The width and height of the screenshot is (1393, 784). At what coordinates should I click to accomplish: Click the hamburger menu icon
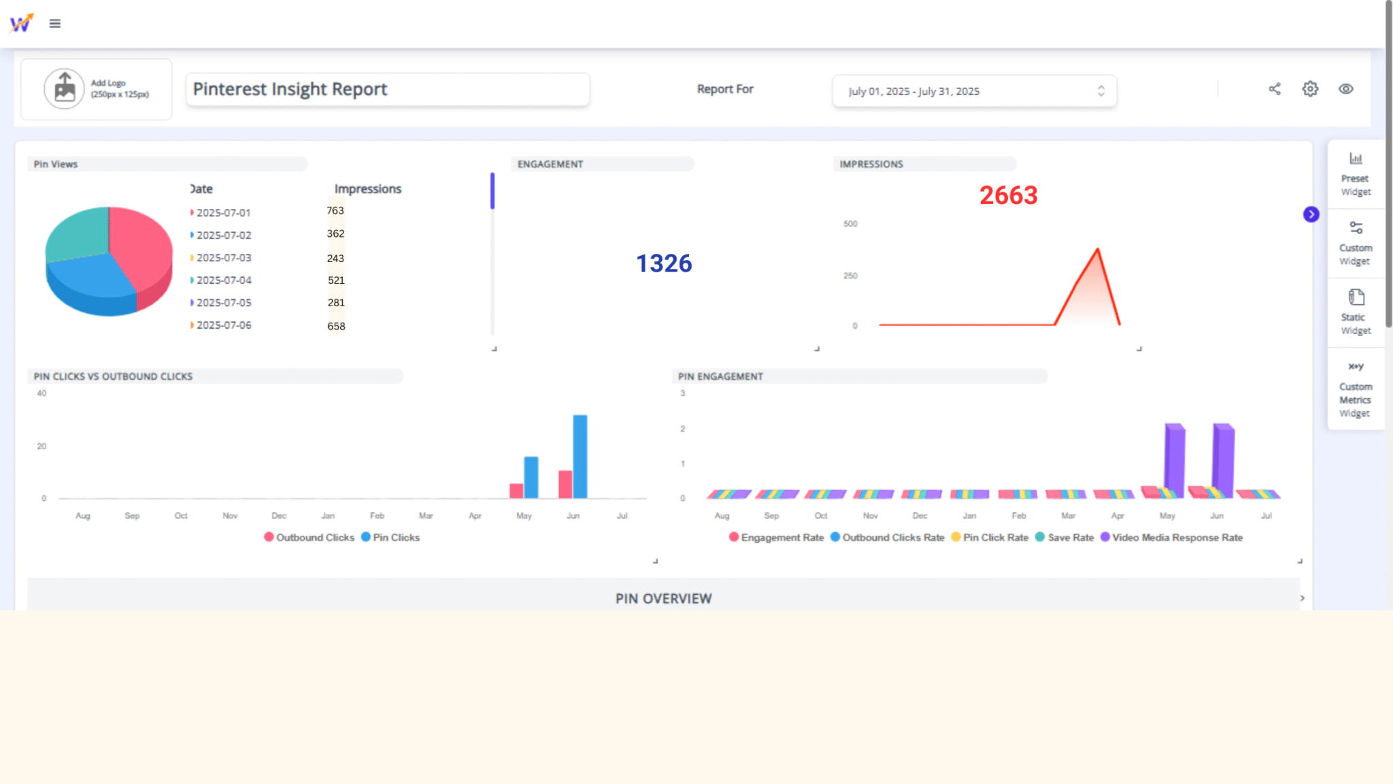pyautogui.click(x=55, y=24)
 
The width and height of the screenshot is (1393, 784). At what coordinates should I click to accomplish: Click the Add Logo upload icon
pyautogui.click(x=65, y=88)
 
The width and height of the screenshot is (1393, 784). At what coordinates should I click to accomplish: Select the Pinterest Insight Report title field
pyautogui.click(x=387, y=89)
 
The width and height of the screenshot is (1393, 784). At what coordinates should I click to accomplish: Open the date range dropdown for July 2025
pyautogui.click(x=973, y=91)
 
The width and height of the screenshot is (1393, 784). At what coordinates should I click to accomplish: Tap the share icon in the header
pyautogui.click(x=1274, y=89)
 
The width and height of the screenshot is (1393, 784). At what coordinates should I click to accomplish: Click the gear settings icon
pyautogui.click(x=1310, y=89)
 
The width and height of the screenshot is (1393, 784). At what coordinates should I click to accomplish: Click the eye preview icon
pyautogui.click(x=1345, y=89)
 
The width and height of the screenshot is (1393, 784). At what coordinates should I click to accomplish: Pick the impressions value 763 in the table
pyautogui.click(x=335, y=211)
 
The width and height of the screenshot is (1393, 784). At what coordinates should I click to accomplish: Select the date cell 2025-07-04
pyautogui.click(x=224, y=280)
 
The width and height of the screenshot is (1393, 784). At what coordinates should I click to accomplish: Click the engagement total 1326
pyautogui.click(x=663, y=263)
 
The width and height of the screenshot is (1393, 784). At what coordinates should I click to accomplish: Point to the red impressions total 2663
pyautogui.click(x=1008, y=196)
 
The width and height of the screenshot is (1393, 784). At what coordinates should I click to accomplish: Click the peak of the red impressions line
pyautogui.click(x=1097, y=250)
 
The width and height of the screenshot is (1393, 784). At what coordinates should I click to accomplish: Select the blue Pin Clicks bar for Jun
pyautogui.click(x=580, y=456)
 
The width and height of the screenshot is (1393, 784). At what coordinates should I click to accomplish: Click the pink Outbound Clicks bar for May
pyautogui.click(x=516, y=491)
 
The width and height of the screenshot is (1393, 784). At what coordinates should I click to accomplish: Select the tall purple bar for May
pyautogui.click(x=1175, y=459)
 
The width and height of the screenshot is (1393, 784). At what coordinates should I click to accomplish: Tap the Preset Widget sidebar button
pyautogui.click(x=1355, y=174)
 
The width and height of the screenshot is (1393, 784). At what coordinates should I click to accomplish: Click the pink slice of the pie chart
pyautogui.click(x=143, y=248)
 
